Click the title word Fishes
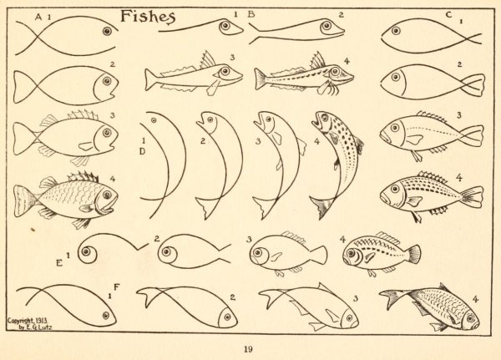click(x=148, y=17)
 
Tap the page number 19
click(x=248, y=349)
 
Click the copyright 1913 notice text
click(x=28, y=323)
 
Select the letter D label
click(x=143, y=152)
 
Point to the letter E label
click(x=59, y=263)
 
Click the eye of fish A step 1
click(x=107, y=31)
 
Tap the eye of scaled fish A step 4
click(x=107, y=195)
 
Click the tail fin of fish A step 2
click(x=23, y=87)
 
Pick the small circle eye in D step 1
click(x=154, y=120)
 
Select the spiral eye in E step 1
click(x=86, y=252)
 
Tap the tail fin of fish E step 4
click(x=414, y=254)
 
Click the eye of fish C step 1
click(x=396, y=31)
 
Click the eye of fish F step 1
click(x=106, y=316)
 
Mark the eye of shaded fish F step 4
click(x=470, y=318)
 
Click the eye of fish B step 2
click(x=326, y=25)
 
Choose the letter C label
click(x=448, y=15)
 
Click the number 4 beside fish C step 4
click(x=458, y=178)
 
